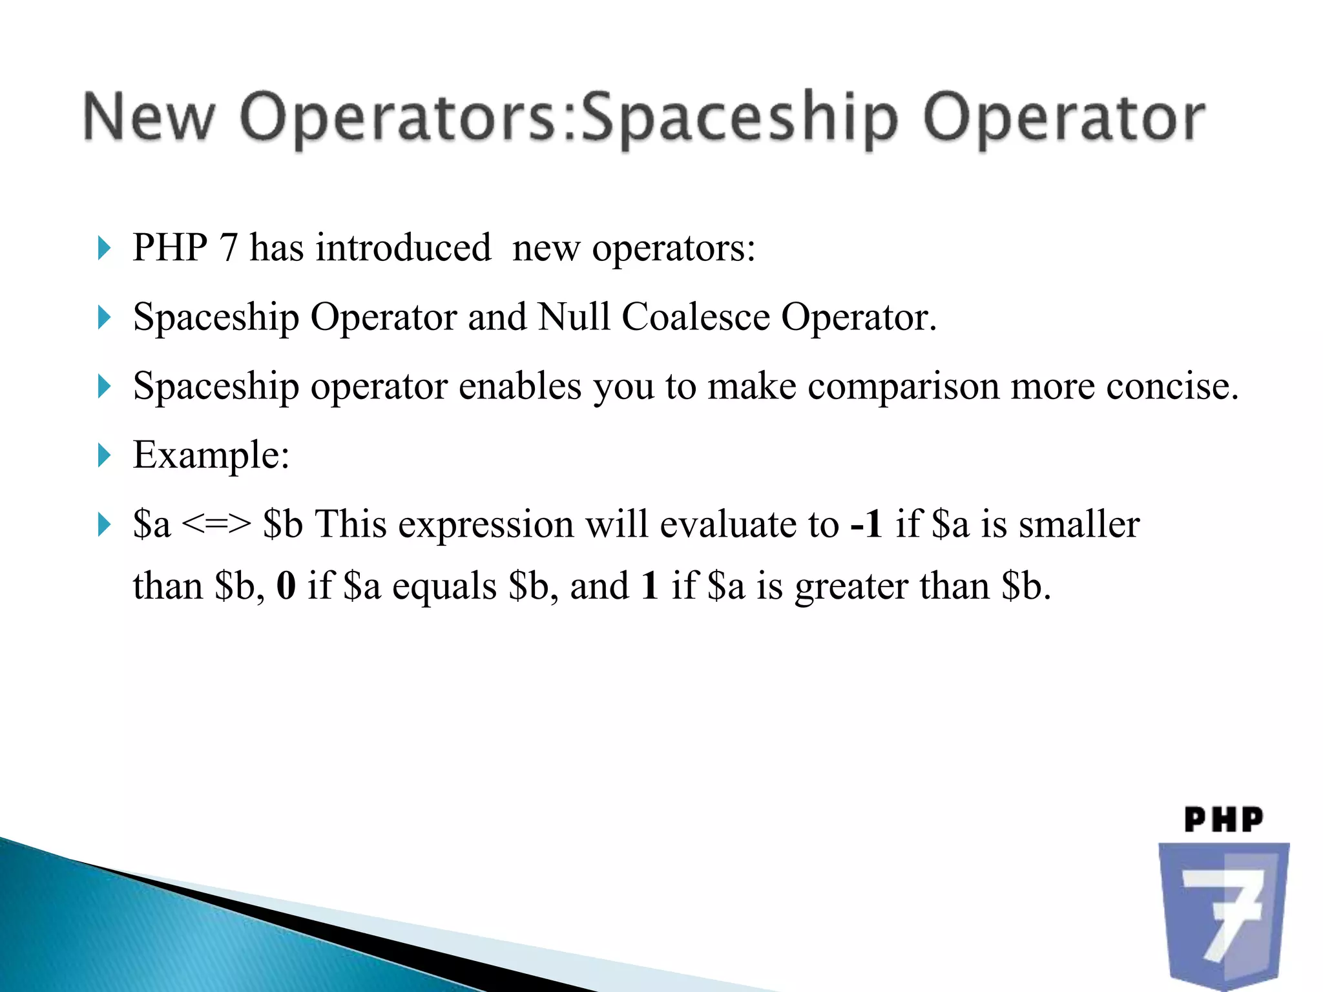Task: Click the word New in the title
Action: click(x=149, y=118)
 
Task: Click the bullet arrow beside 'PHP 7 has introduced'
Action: click(x=104, y=248)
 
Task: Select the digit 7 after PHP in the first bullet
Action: click(x=229, y=248)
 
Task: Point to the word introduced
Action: click(x=403, y=248)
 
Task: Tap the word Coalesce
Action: click(x=696, y=317)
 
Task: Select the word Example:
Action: click(x=211, y=456)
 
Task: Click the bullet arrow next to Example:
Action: click(x=104, y=455)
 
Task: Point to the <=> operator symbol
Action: click(x=216, y=524)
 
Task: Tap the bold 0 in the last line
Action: click(x=286, y=586)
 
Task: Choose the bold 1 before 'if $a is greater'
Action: click(x=650, y=586)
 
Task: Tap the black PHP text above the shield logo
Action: click(x=1224, y=820)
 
